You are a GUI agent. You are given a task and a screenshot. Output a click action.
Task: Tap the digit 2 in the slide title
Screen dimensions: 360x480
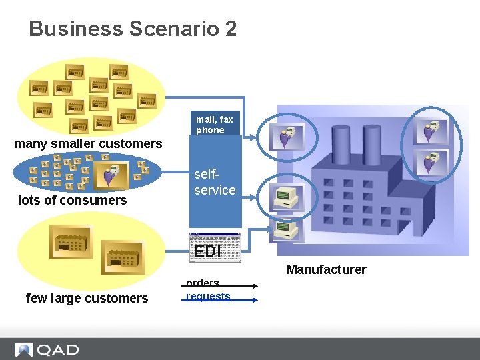click(x=230, y=29)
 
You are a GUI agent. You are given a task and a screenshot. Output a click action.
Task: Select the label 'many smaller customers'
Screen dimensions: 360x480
click(x=88, y=143)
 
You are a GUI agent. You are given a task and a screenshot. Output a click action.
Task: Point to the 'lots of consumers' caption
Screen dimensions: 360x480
click(x=72, y=200)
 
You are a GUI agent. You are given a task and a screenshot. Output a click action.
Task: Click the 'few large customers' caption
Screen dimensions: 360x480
click(x=87, y=298)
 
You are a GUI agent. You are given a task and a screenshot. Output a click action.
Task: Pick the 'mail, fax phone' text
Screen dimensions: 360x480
click(x=215, y=125)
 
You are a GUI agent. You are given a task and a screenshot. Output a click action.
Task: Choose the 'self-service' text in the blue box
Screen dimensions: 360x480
click(x=215, y=182)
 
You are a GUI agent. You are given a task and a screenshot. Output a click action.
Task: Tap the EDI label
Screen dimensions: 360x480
click(x=207, y=251)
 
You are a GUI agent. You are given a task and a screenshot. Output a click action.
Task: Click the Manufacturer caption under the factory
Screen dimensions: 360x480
click(x=326, y=269)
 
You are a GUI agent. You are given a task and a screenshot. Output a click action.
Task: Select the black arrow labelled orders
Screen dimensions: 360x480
click(x=219, y=286)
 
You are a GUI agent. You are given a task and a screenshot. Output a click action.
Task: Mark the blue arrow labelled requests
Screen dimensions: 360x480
click(x=219, y=300)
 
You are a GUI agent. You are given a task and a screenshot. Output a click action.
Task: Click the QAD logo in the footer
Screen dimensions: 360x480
click(x=48, y=349)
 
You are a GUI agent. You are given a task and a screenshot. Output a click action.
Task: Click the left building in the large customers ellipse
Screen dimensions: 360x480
click(x=71, y=241)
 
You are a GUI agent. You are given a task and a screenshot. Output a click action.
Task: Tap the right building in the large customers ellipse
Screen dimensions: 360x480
click(x=122, y=256)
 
